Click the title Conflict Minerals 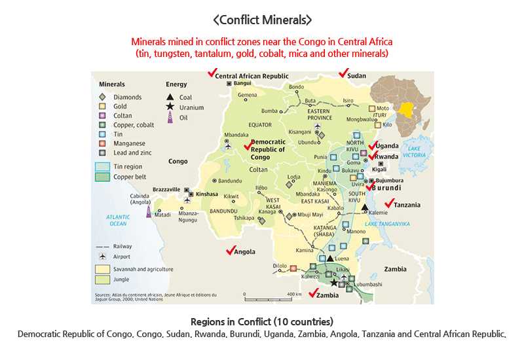(262, 20)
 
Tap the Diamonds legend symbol (102, 97)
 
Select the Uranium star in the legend (170, 107)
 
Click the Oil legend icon (170, 118)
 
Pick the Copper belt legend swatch (103, 177)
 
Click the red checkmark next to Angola (229, 251)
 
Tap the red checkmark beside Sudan (342, 73)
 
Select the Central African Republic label (252, 76)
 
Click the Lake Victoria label (413, 152)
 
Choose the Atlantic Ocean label (117, 220)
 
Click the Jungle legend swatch (103, 279)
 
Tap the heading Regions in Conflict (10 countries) (262, 322)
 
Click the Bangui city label (242, 84)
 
